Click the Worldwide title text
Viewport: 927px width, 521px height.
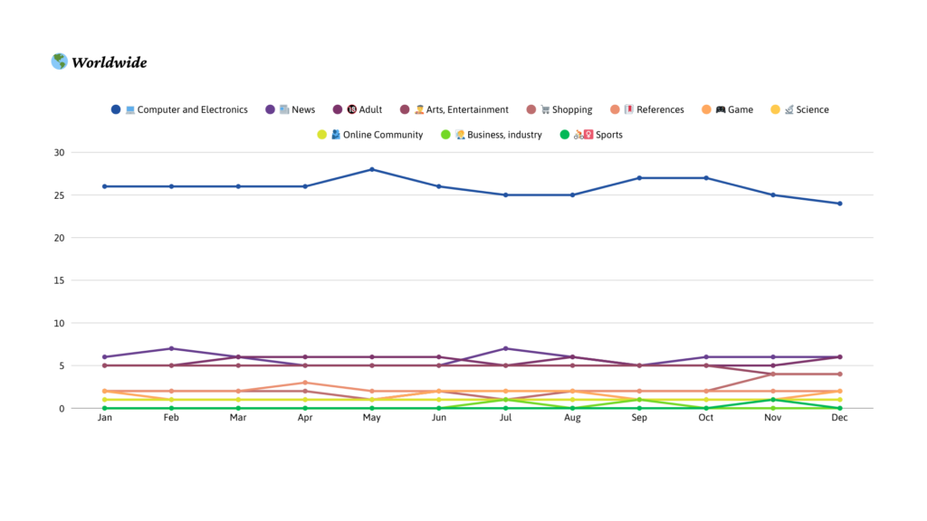coord(109,62)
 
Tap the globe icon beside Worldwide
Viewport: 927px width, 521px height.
coord(59,62)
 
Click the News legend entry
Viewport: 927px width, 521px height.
coord(291,109)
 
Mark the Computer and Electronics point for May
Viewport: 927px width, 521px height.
coord(372,169)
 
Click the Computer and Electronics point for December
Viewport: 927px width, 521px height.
coord(840,204)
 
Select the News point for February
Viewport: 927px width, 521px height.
coord(172,348)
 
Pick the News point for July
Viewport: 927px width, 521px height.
coord(506,348)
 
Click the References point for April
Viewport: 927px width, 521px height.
coord(305,383)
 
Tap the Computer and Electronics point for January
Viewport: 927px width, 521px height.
coord(105,186)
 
